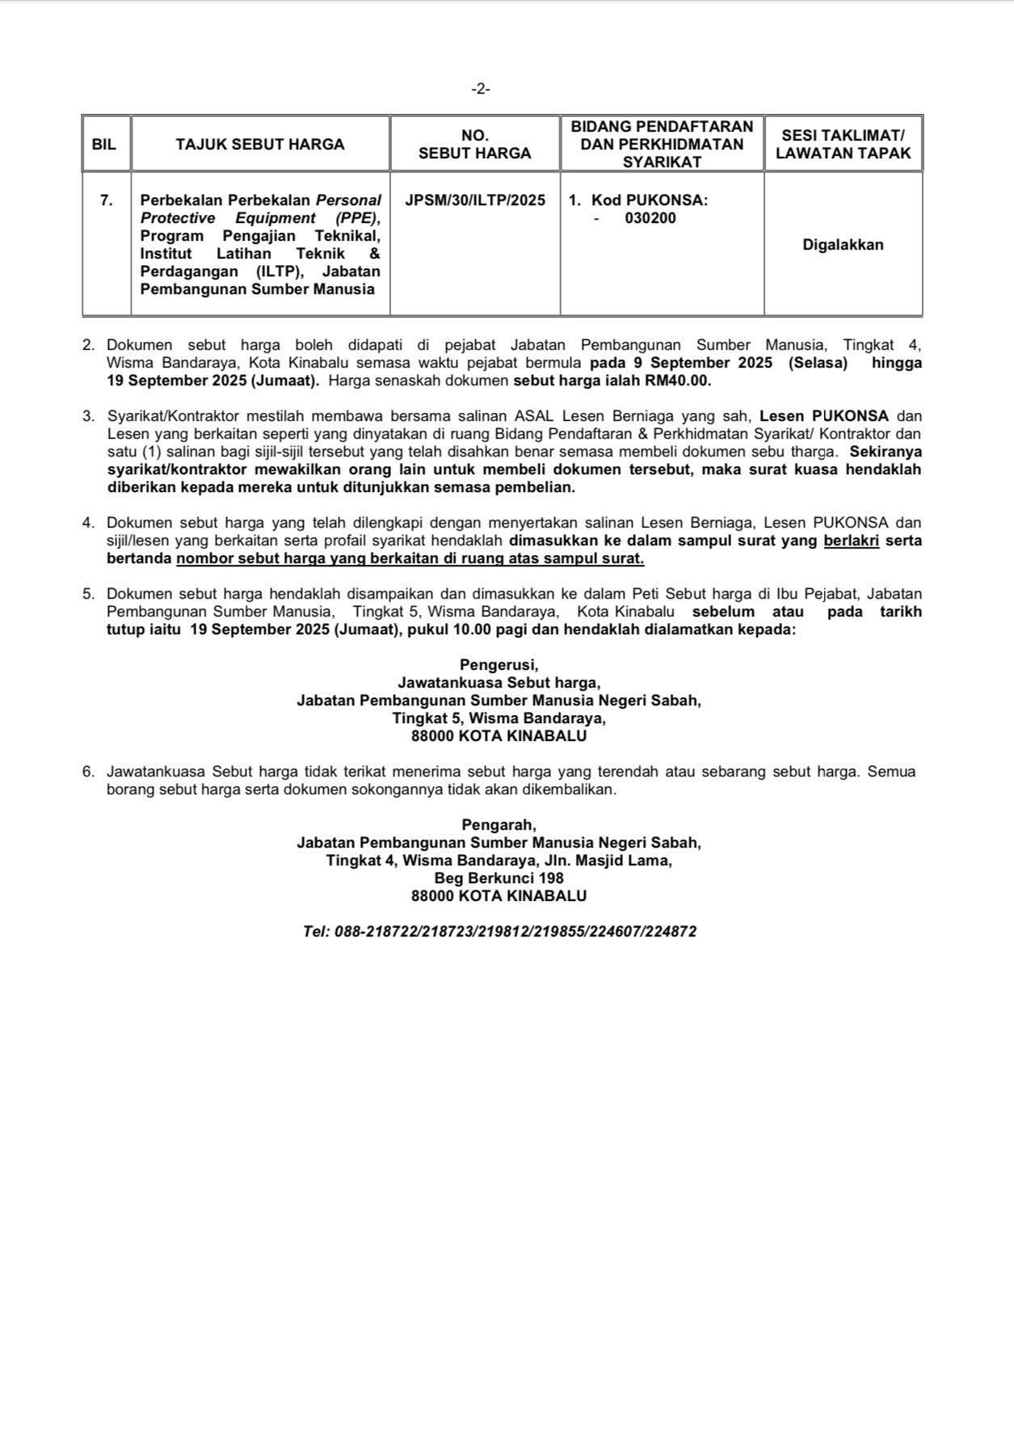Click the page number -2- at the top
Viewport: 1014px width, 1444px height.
pyautogui.click(x=481, y=89)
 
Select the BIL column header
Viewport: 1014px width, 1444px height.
pyautogui.click(x=104, y=145)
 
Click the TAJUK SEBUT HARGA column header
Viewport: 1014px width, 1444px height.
pyautogui.click(x=259, y=145)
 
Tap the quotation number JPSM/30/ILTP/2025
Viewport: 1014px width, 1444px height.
pyautogui.click(x=475, y=200)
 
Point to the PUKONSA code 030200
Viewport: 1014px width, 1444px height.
pyautogui.click(x=650, y=218)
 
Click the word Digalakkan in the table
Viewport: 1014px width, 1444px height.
pyautogui.click(x=843, y=245)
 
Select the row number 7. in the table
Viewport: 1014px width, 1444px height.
pyautogui.click(x=107, y=200)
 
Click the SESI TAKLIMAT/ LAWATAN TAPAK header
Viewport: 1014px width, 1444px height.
pyautogui.click(x=843, y=145)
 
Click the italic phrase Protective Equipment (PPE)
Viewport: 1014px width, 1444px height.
pyautogui.click(x=259, y=218)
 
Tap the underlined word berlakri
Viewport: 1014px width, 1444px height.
pyautogui.click(x=851, y=541)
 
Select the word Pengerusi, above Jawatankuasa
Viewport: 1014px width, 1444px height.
pyautogui.click(x=499, y=664)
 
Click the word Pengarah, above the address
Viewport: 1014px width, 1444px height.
pyautogui.click(x=499, y=824)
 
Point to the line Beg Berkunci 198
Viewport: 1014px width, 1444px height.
pyautogui.click(x=499, y=878)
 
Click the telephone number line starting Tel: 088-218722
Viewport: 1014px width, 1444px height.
pyautogui.click(x=499, y=931)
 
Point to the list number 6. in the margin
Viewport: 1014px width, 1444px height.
pyautogui.click(x=88, y=771)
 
